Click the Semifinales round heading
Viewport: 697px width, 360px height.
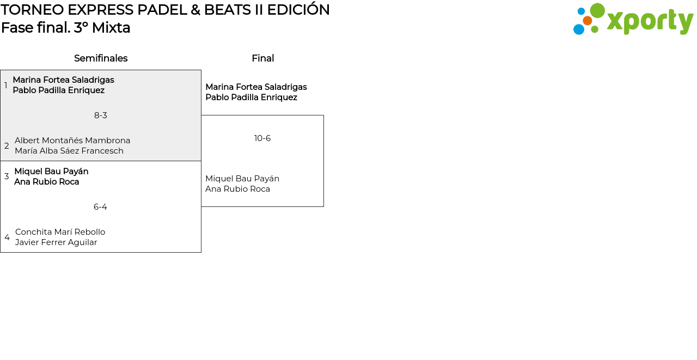pyautogui.click(x=101, y=58)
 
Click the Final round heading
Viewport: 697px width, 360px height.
pyautogui.click(x=263, y=58)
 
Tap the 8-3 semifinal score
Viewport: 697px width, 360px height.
pyautogui.click(x=101, y=115)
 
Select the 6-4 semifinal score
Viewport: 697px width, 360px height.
pyautogui.click(x=100, y=207)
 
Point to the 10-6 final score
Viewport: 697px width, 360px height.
pyautogui.click(x=262, y=138)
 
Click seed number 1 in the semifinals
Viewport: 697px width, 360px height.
pyautogui.click(x=5, y=85)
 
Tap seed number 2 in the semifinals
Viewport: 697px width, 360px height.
pyautogui.click(x=7, y=145)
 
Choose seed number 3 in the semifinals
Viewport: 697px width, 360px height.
pyautogui.click(x=7, y=176)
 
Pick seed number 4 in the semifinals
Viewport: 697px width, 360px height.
pyautogui.click(x=7, y=237)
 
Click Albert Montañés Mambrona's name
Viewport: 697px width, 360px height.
pyautogui.click(x=72, y=141)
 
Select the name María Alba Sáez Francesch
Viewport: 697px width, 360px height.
pyautogui.click(x=69, y=151)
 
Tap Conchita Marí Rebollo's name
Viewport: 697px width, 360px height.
pyautogui.click(x=60, y=232)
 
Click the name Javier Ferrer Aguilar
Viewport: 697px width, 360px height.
pyautogui.click(x=56, y=242)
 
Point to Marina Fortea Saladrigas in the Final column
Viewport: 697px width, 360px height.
pyautogui.click(x=256, y=87)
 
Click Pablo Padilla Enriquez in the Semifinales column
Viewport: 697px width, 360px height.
pyautogui.click(x=58, y=90)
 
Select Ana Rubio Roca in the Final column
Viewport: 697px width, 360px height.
pyautogui.click(x=237, y=189)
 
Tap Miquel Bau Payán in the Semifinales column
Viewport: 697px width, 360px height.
pyautogui.click(x=51, y=172)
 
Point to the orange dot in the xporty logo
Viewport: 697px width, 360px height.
pyautogui.click(x=588, y=21)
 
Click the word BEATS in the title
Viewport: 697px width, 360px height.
pyautogui.click(x=227, y=10)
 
